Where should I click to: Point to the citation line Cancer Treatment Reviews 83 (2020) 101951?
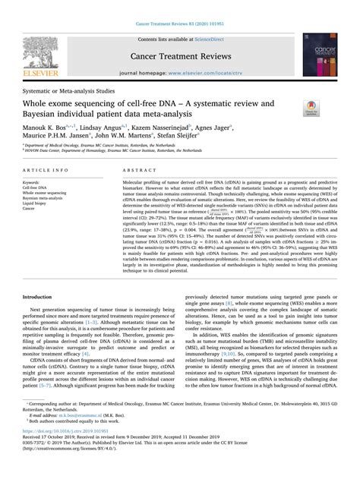(179, 7)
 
